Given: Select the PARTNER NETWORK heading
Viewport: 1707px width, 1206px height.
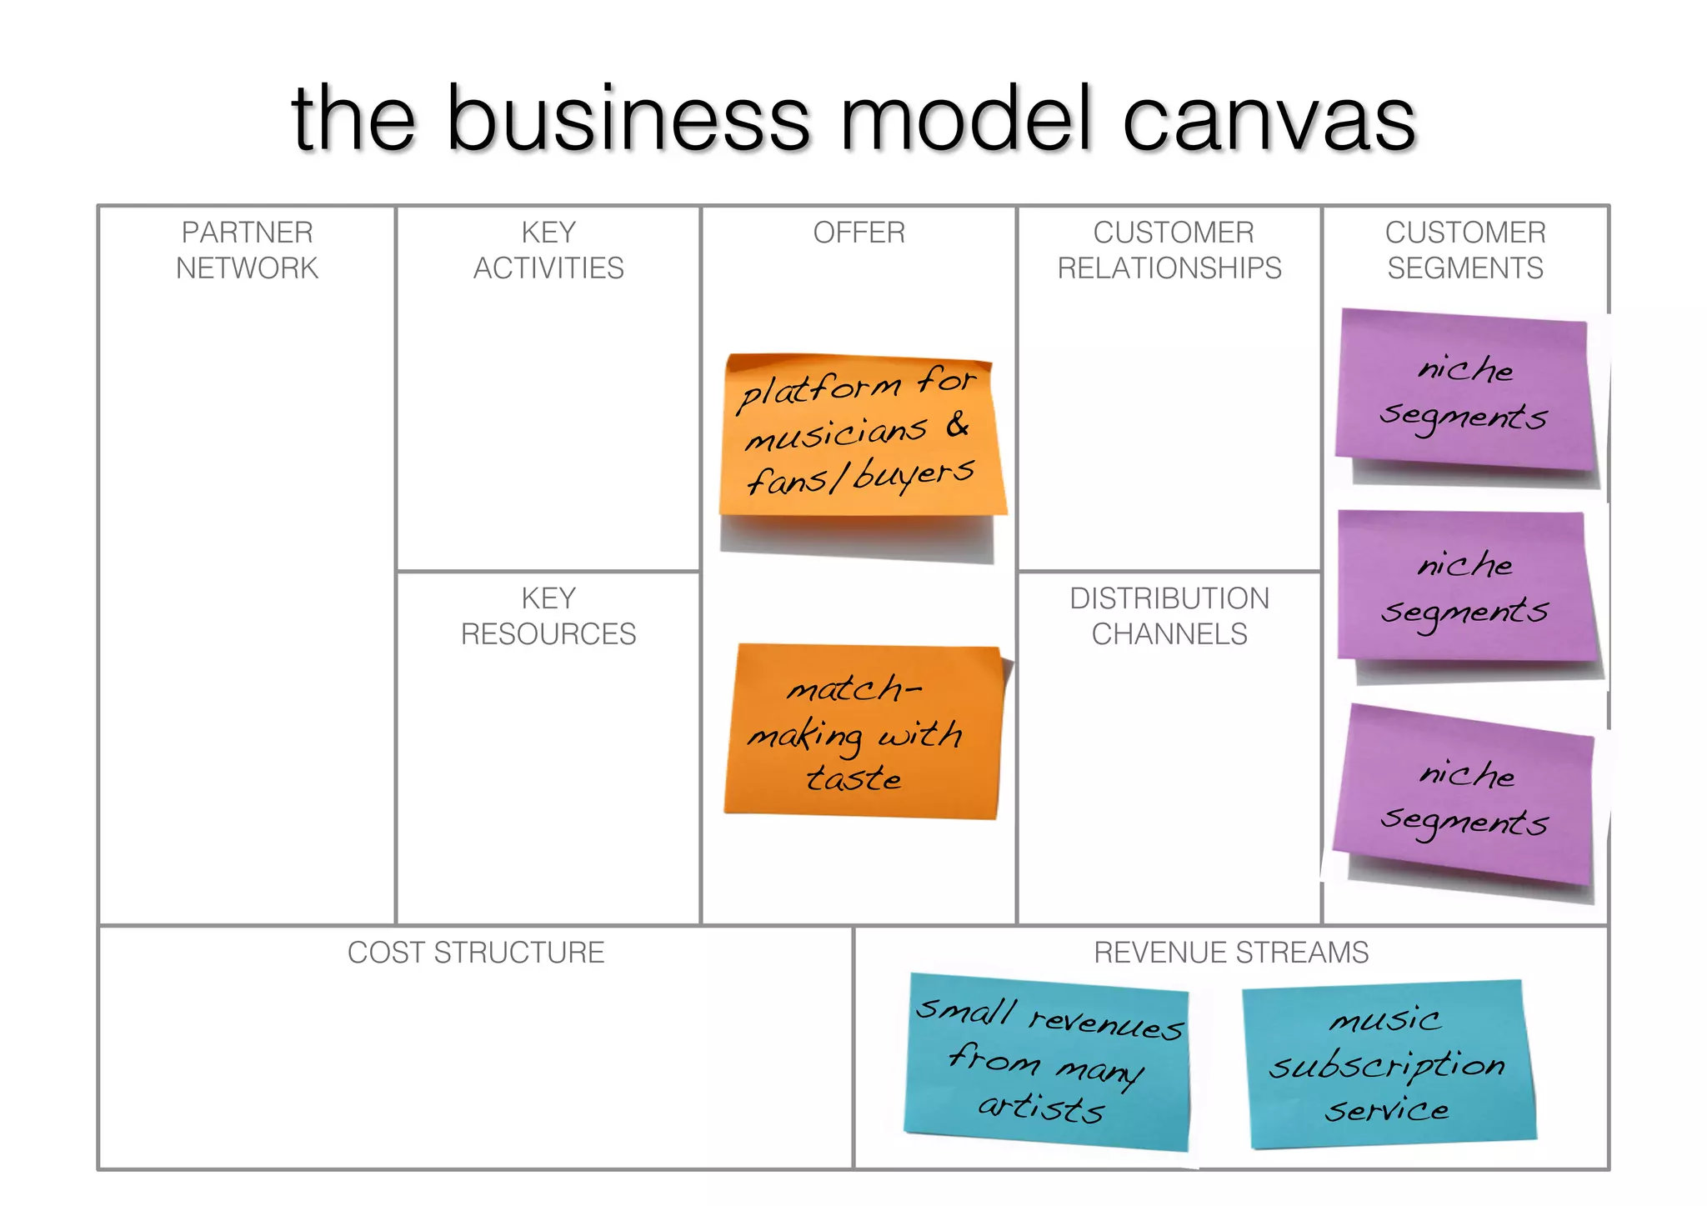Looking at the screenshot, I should click(247, 250).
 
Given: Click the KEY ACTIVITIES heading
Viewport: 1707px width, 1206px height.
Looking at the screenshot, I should click(548, 250).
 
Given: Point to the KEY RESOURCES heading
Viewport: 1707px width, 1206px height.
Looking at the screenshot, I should click(548, 616).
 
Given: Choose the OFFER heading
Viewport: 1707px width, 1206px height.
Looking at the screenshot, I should click(859, 233).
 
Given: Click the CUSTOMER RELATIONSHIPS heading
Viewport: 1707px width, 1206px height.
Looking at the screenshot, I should click(1169, 250).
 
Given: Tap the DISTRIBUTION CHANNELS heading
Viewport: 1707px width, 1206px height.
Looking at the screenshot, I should click(1169, 616).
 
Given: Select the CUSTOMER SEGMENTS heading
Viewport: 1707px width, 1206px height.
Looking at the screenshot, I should click(1465, 250).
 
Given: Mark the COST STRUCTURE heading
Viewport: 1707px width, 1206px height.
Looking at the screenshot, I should click(476, 953).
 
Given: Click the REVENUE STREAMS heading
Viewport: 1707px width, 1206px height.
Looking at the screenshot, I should click(1231, 953).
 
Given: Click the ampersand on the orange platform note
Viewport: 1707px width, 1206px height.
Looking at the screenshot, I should click(958, 425).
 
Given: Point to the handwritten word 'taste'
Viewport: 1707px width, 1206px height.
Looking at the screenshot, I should click(853, 778).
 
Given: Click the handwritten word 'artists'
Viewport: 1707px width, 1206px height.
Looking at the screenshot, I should click(1042, 1108).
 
